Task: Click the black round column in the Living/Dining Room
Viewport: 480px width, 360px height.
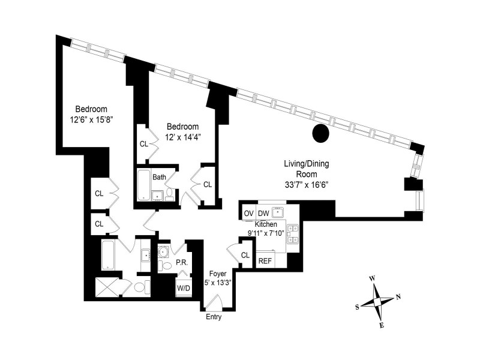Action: pos(321,134)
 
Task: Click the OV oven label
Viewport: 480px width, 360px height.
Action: pos(248,213)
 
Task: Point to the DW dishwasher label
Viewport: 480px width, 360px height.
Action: pos(263,213)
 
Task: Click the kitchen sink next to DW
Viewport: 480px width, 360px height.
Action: pos(278,212)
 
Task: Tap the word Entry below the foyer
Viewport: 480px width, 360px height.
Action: pos(214,317)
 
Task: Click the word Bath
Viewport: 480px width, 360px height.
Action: pos(159,177)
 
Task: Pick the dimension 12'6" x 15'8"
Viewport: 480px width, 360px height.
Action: pos(91,119)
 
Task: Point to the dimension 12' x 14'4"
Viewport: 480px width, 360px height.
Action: pos(182,136)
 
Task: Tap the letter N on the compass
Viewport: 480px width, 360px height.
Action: pos(398,298)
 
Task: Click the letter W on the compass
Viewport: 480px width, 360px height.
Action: pos(372,278)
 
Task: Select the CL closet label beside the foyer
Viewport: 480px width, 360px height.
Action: pos(245,256)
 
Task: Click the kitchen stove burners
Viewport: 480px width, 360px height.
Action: pos(293,234)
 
